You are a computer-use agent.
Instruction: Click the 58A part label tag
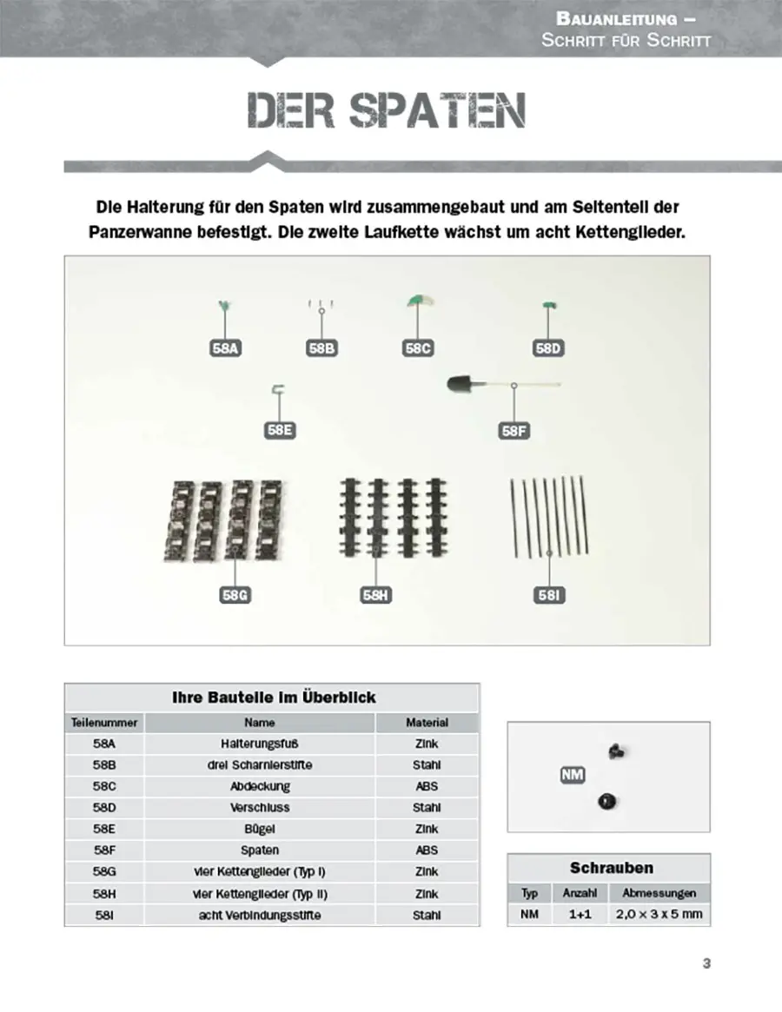[x=224, y=348]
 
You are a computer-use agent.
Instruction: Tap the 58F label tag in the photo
[x=514, y=430]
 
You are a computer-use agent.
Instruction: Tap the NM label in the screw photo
[x=572, y=775]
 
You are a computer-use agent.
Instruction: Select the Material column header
[x=427, y=722]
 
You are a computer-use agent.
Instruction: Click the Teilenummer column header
[x=103, y=722]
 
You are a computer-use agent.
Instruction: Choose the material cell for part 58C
[x=427, y=786]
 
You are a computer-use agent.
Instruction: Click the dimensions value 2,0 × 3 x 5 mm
[x=659, y=914]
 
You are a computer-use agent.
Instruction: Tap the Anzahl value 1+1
[x=579, y=914]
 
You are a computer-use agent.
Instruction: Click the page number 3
[x=706, y=962]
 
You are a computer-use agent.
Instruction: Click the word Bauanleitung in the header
[x=616, y=18]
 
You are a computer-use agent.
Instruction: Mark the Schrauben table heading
[x=611, y=868]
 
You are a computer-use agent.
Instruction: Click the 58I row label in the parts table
[x=103, y=915]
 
